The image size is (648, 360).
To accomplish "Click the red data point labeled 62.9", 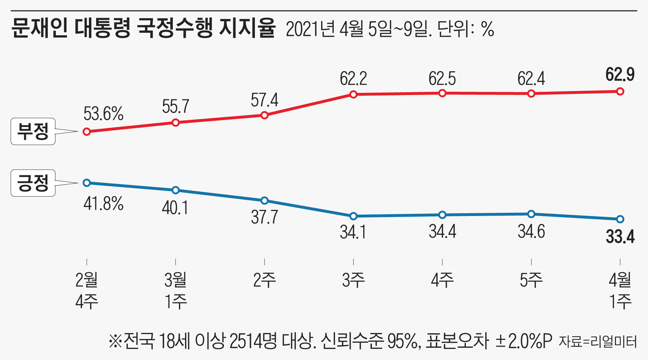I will pos(620,91).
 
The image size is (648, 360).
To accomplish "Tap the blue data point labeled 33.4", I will pos(620,219).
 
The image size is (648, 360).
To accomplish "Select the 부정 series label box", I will pos(33,131).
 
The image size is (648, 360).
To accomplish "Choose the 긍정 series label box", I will pos(33,183).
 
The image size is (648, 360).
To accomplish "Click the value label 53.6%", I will pos(103,114).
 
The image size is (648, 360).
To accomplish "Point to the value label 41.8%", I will pos(103,204).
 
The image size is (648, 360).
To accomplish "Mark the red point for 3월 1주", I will pos(175,123).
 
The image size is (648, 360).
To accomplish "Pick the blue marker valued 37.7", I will pos(264,201).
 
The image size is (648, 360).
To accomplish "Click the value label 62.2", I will pos(353,79).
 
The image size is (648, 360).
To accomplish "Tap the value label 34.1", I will pos(353,232).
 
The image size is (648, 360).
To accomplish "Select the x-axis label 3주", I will pos(353,280).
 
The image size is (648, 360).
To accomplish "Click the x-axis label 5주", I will pos(531,280).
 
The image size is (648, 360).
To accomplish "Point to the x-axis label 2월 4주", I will pos(87,291).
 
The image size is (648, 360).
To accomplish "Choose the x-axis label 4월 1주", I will pos(620,291).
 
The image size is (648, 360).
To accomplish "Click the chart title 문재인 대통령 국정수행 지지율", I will pos(143,28).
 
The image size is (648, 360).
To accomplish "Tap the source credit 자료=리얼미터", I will pos(598,341).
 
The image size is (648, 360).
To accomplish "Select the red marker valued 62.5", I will pos(442,93).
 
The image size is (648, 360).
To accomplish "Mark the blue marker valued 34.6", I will pos(531,214).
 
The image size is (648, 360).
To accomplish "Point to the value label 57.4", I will pos(264,100).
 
